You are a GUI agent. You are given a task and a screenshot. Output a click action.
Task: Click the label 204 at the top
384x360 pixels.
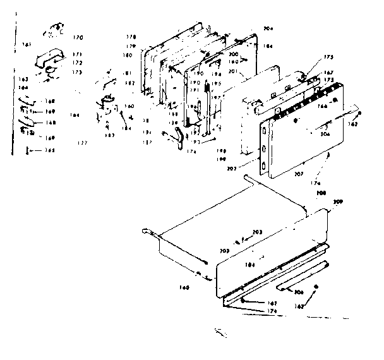pyautogui.click(x=251, y=29)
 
